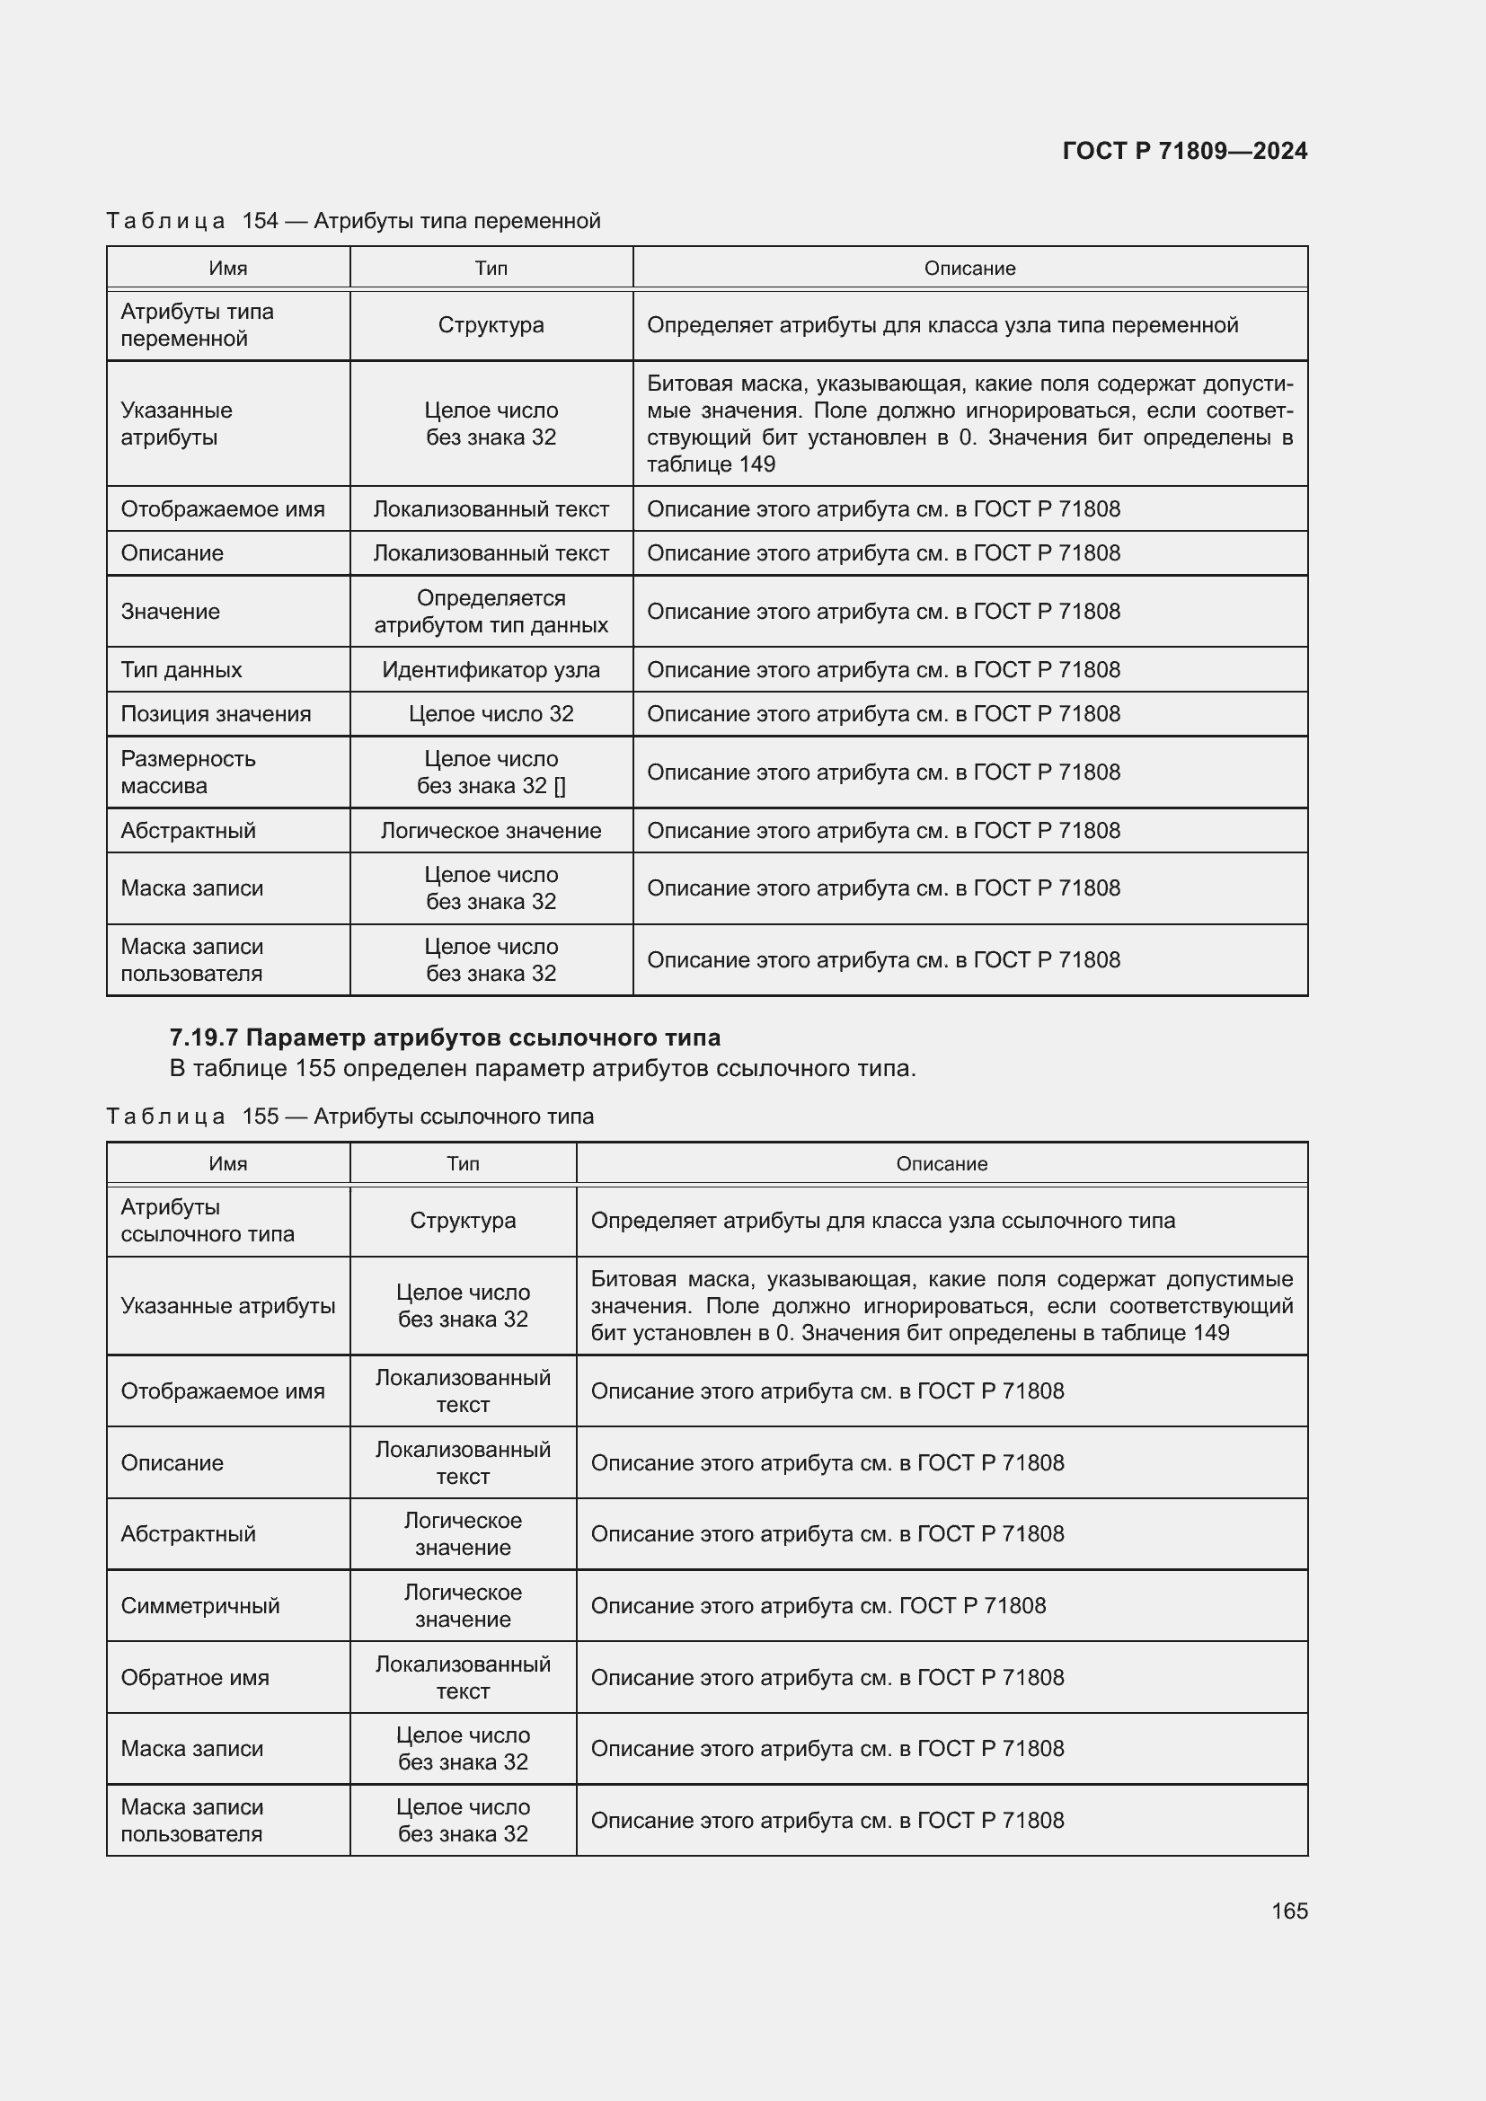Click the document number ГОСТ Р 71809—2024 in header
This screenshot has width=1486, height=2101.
(x=1184, y=151)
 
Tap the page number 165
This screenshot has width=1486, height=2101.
(x=1288, y=1911)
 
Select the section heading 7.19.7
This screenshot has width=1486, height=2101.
(x=445, y=1037)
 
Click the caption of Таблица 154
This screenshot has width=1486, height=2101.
(x=353, y=221)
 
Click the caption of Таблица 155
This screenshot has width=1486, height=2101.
(x=349, y=1117)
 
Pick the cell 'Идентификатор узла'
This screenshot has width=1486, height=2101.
(x=491, y=670)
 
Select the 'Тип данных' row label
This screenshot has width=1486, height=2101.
(x=181, y=670)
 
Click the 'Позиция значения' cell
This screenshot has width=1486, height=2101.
(x=216, y=714)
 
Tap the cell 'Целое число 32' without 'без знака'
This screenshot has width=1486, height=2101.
(x=491, y=714)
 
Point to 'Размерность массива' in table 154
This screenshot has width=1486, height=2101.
(x=189, y=772)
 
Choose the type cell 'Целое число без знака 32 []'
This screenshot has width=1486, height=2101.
(x=491, y=772)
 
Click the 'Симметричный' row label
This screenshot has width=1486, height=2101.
(x=200, y=1606)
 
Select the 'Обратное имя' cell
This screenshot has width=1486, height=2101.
(x=195, y=1677)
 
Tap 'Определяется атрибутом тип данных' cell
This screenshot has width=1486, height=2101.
(x=491, y=612)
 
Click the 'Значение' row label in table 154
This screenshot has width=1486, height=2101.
(x=170, y=612)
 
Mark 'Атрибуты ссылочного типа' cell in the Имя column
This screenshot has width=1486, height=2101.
(x=208, y=1221)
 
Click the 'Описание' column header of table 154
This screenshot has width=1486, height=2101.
(x=969, y=268)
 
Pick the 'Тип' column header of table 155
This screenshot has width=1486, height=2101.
(x=462, y=1164)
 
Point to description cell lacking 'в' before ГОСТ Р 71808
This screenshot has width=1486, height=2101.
(x=818, y=1606)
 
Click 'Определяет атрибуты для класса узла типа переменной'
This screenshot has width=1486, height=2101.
(x=942, y=325)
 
